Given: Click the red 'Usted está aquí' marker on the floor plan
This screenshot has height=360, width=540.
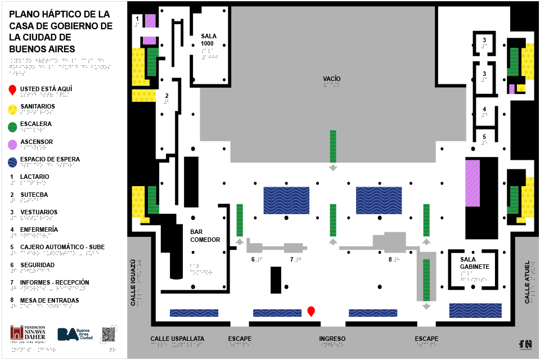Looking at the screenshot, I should pyautogui.click(x=310, y=310).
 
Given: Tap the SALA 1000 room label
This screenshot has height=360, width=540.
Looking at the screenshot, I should pyautogui.click(x=208, y=40).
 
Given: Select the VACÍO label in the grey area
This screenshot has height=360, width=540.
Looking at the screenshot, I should pyautogui.click(x=332, y=78).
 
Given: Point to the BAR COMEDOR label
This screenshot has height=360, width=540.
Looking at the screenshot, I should pyautogui.click(x=205, y=236).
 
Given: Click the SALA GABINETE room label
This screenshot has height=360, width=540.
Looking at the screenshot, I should pyautogui.click(x=474, y=263).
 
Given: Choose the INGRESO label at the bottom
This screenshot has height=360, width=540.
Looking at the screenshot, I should pyautogui.click(x=332, y=339).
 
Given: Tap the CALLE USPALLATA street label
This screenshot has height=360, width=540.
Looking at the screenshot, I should pyautogui.click(x=177, y=339).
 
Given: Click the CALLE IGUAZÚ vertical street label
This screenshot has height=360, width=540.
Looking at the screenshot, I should pyautogui.click(x=133, y=282).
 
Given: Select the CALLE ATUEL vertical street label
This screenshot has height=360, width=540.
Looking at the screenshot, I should pyautogui.click(x=527, y=282).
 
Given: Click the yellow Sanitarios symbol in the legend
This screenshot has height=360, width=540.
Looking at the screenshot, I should pyautogui.click(x=13, y=109).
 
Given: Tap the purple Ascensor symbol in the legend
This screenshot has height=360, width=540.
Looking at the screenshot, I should pyautogui.click(x=13, y=145).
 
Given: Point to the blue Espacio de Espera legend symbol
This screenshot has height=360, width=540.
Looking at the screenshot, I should pyautogui.click(x=13, y=163).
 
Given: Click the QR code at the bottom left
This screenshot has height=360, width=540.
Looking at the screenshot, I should pyautogui.click(x=109, y=334).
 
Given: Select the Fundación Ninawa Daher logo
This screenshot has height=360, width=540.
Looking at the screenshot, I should pyautogui.click(x=28, y=334).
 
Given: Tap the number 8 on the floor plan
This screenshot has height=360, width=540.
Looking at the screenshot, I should pyautogui.click(x=390, y=259).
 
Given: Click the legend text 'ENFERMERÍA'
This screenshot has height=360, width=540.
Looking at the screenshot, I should pyautogui.click(x=39, y=229).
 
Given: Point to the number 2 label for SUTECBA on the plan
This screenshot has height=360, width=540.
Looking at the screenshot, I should pyautogui.click(x=166, y=96).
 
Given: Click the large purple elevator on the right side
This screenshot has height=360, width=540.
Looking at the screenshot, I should pyautogui.click(x=472, y=183).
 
